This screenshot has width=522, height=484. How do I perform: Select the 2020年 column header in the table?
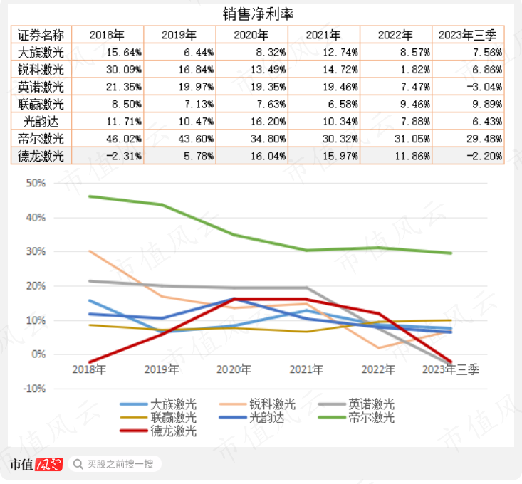pyautogui.click(x=252, y=35)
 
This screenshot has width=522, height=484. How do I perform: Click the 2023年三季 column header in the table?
pyautogui.click(x=469, y=35)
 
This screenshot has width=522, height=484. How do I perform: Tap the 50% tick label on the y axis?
pyautogui.click(x=36, y=183)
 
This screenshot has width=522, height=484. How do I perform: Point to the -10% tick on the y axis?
pyautogui.click(x=33, y=389)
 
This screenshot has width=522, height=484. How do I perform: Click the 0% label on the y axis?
pyautogui.click(x=38, y=354)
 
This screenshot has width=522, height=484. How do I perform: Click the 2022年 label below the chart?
pyautogui.click(x=378, y=369)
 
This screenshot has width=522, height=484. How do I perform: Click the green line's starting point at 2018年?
pyautogui.click(x=90, y=196)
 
